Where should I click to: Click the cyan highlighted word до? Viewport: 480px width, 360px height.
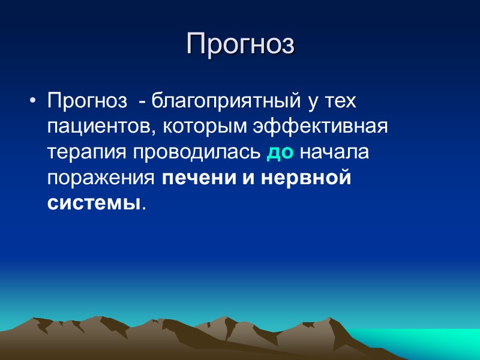point(280,153)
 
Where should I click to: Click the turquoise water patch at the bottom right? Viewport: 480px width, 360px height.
point(420,342)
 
